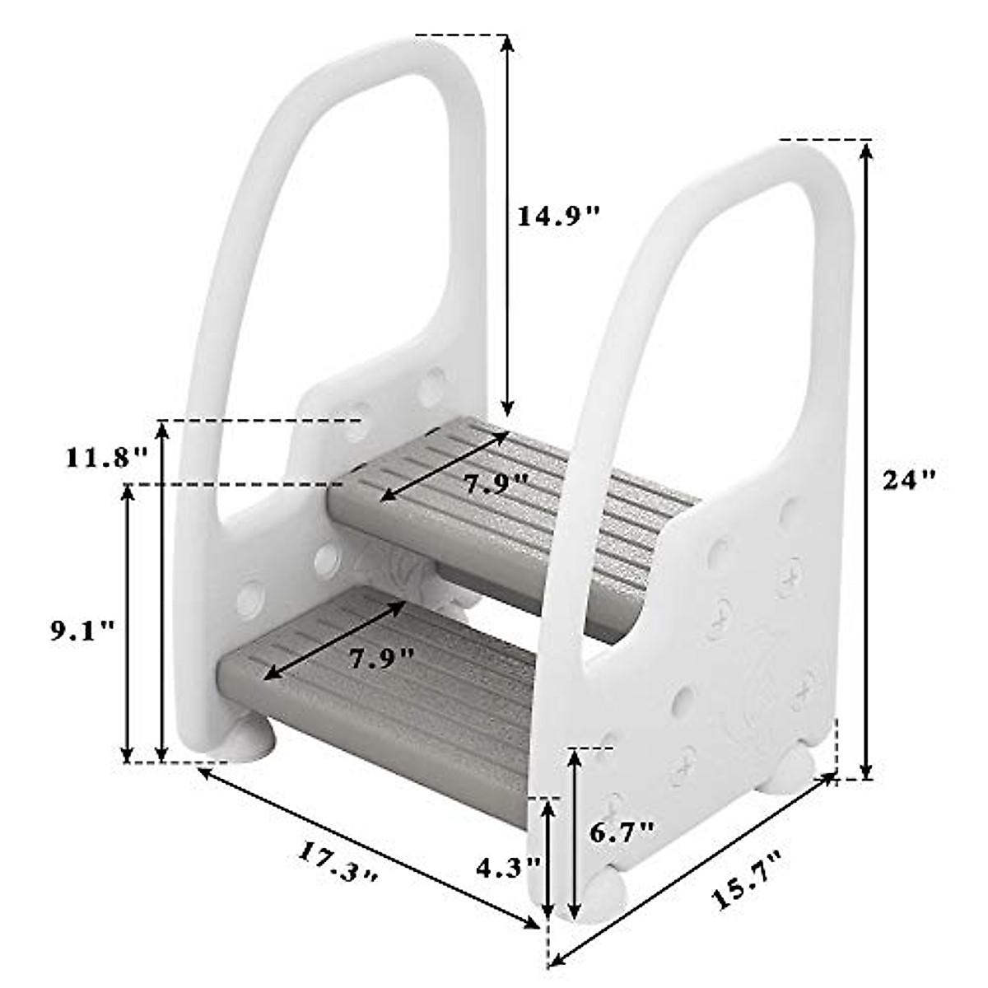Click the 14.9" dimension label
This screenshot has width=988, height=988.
559,216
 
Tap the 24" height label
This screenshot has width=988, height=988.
911,479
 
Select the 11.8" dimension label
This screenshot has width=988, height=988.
107,456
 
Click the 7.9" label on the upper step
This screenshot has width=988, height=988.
495,484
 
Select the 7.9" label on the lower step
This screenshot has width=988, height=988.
380,659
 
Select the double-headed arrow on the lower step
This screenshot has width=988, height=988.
333,640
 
